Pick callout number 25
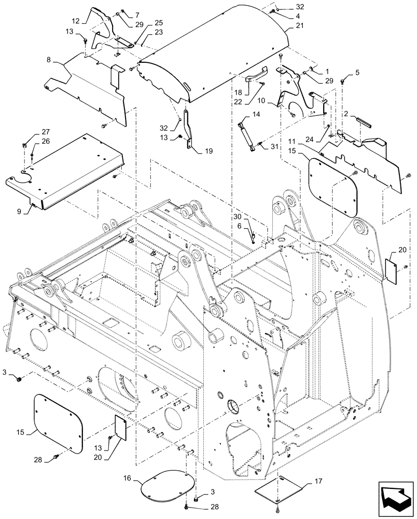pos(144,23)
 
